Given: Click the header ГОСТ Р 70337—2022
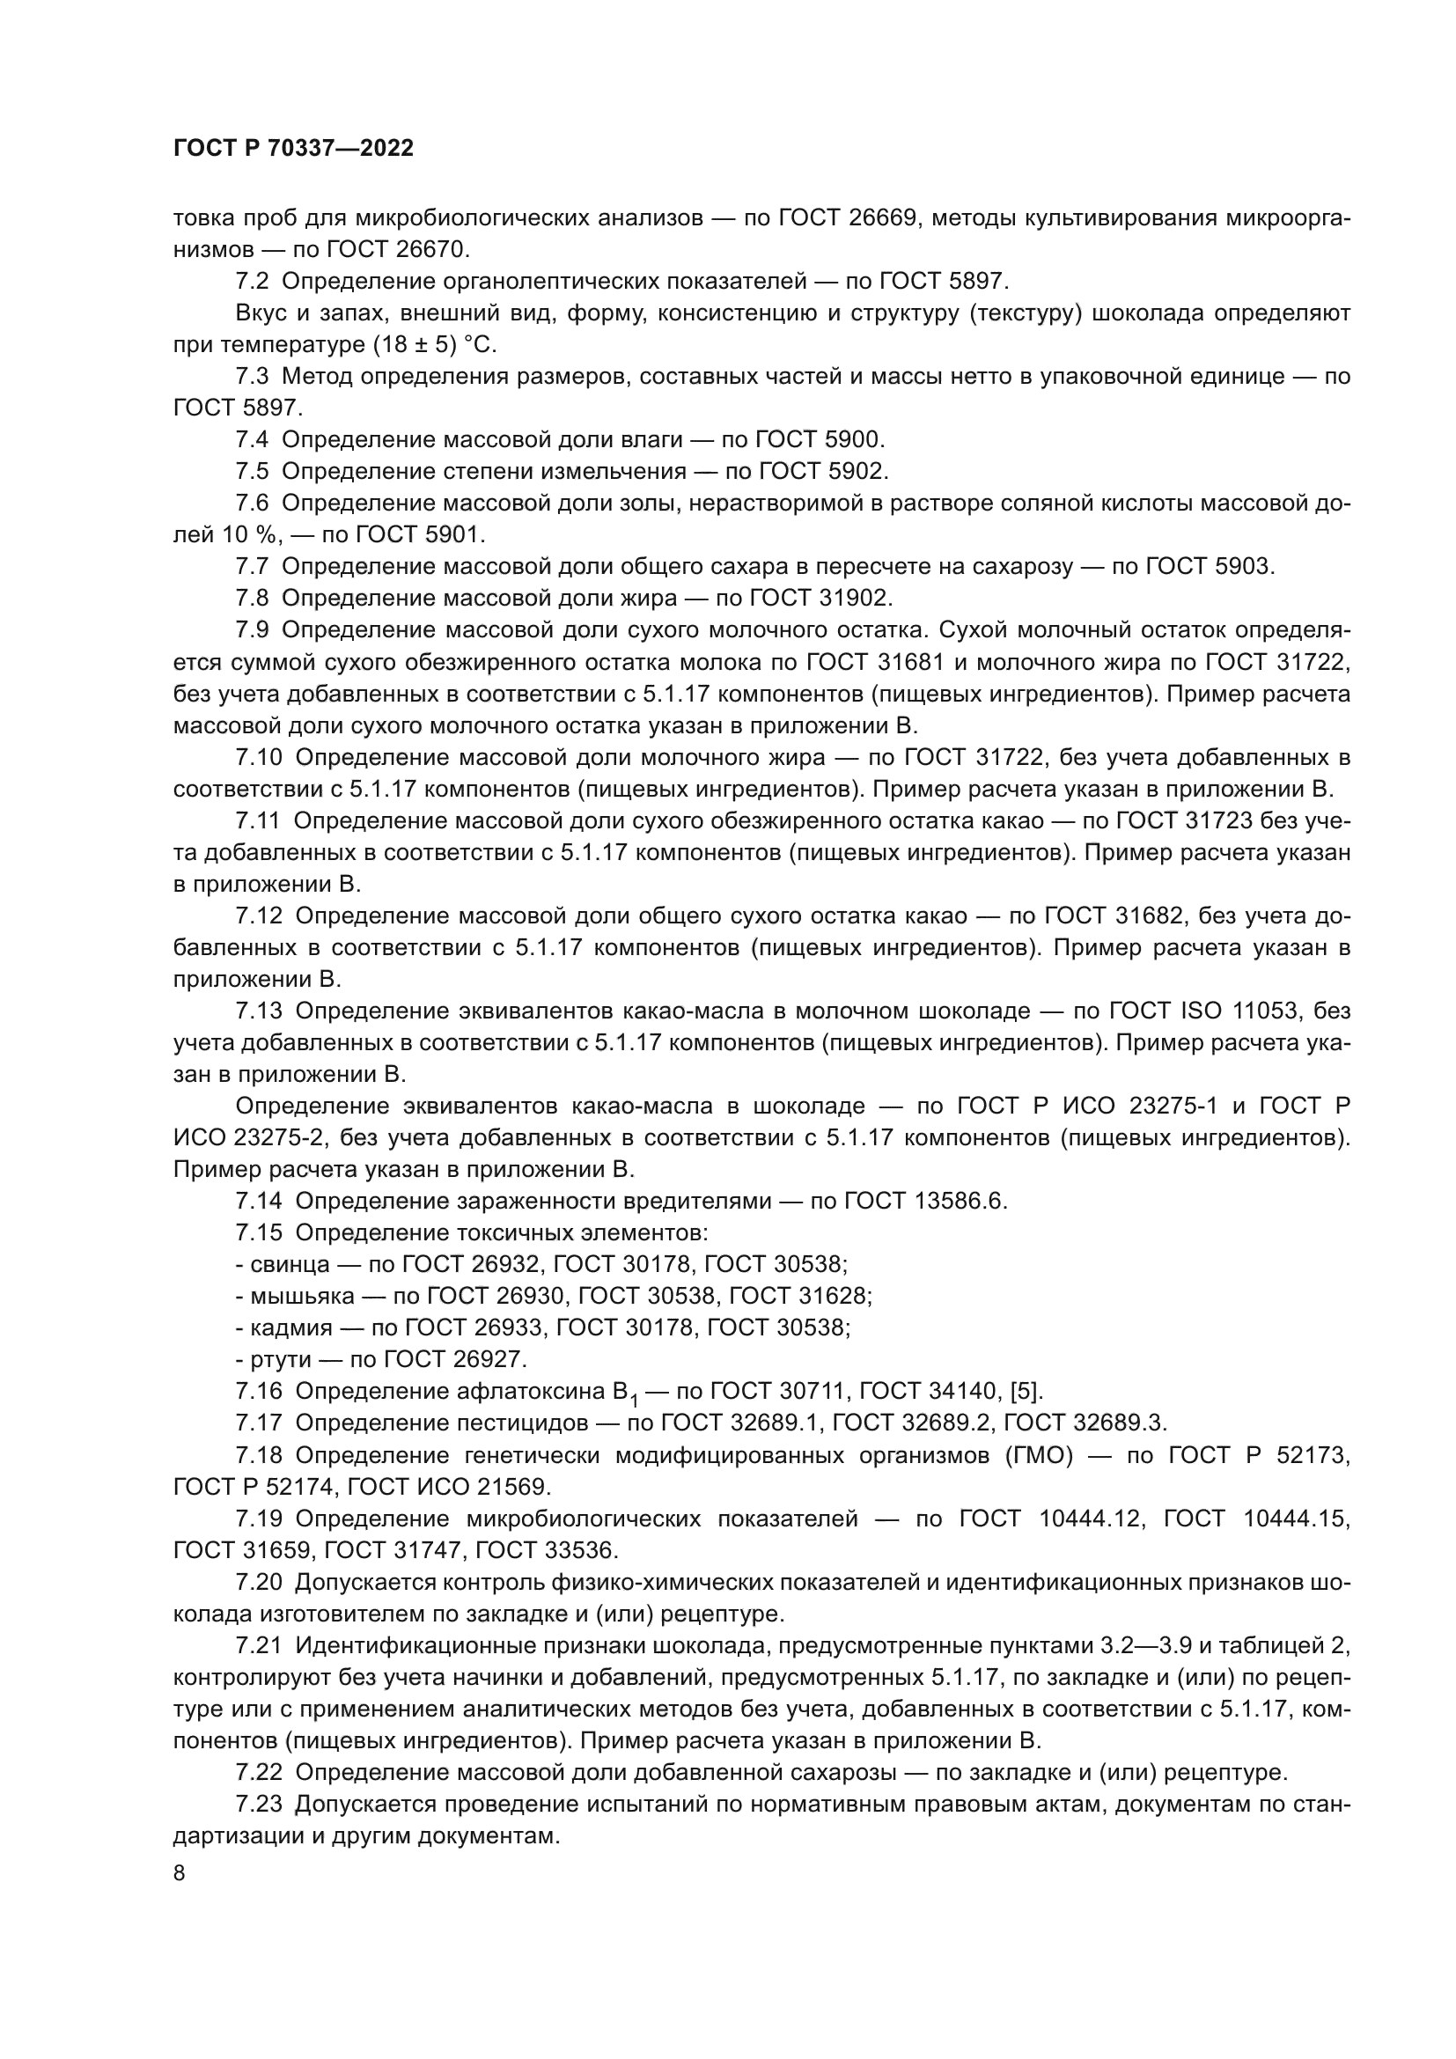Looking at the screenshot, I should (x=293, y=149).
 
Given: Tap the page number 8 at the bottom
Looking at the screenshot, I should (x=180, y=1872).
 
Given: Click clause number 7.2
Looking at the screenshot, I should (x=252, y=282).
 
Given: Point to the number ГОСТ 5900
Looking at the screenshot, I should (x=820, y=439).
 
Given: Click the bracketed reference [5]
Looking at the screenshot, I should (x=1026, y=1391).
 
